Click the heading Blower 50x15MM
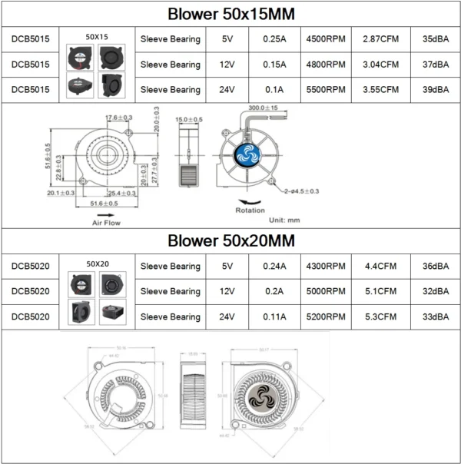(x=230, y=15)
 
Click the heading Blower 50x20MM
(x=230, y=241)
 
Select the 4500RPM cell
(x=326, y=39)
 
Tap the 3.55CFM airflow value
(x=381, y=90)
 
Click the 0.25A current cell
(x=274, y=39)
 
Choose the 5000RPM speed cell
(x=326, y=292)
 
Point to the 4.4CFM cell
(x=381, y=267)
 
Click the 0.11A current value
(x=274, y=317)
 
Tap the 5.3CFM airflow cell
(x=381, y=317)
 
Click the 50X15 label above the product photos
(x=96, y=36)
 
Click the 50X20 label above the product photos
(x=96, y=263)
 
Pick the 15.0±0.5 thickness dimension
(x=190, y=120)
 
